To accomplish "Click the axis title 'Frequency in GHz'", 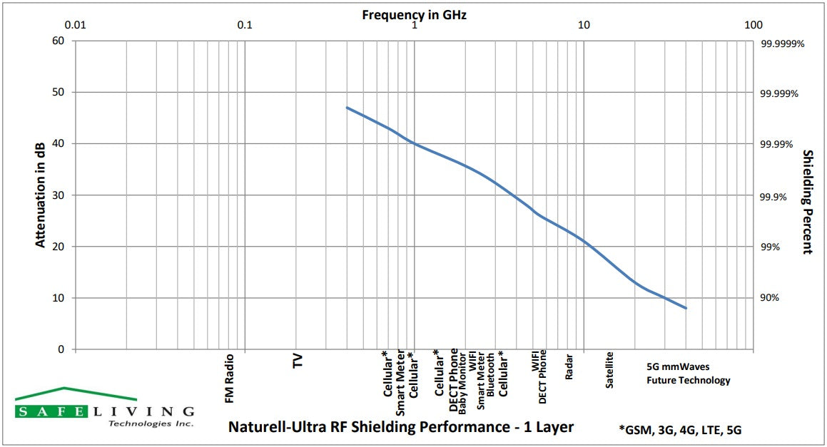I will click(x=414, y=14).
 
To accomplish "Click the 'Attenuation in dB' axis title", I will click(x=41, y=195).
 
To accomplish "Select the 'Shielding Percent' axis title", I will click(x=808, y=202).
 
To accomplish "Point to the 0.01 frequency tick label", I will click(x=75, y=25).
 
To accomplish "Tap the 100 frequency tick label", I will click(x=754, y=25).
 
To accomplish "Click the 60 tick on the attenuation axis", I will click(x=59, y=41).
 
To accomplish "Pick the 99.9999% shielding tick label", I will click(x=782, y=43).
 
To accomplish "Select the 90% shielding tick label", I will click(x=770, y=298).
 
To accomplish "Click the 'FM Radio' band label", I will click(x=230, y=378).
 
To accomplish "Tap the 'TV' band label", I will click(x=298, y=361).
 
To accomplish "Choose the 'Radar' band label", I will click(x=569, y=366).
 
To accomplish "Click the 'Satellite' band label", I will click(x=609, y=369).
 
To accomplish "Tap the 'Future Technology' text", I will click(x=689, y=381).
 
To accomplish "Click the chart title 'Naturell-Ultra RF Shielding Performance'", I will click(x=400, y=427).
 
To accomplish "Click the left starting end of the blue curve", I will click(x=347, y=108).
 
